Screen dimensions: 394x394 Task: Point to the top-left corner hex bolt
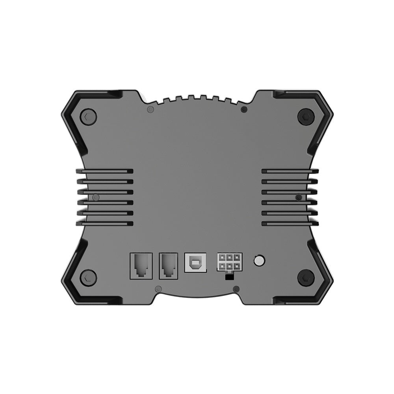pyautogui.click(x=88, y=116)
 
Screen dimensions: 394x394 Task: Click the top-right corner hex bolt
pyautogui.click(x=306, y=117)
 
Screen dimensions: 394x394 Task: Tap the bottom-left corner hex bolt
pyautogui.click(x=88, y=277)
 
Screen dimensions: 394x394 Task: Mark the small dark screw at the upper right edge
pyautogui.click(x=244, y=109)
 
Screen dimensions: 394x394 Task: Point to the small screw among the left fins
pyautogui.click(x=96, y=197)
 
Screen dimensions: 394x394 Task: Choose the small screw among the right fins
pyautogui.click(x=299, y=197)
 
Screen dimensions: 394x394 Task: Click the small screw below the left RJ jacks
pyautogui.click(x=158, y=289)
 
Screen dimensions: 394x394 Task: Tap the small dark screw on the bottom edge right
pyautogui.click(x=236, y=289)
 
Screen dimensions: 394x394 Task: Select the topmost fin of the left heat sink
pyautogui.click(x=105, y=171)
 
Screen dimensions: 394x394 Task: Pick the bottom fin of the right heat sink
pyautogui.click(x=290, y=223)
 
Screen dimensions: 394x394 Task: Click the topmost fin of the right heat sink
pyautogui.click(x=290, y=171)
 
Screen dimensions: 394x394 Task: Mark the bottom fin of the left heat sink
pyautogui.click(x=105, y=223)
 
